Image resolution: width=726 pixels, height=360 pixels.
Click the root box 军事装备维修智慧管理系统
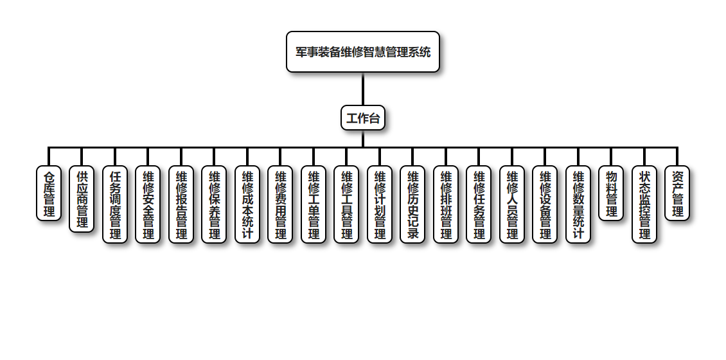tap(363, 51)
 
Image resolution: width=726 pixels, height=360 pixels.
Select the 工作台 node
tap(363, 118)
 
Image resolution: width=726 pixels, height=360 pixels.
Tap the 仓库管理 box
tap(49, 193)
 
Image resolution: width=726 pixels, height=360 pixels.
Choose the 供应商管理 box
tap(82, 199)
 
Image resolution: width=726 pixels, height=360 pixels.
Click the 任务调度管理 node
tap(115, 204)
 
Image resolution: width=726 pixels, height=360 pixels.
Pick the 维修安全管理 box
tap(148, 204)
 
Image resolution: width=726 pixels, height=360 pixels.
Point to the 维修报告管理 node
tap(181, 204)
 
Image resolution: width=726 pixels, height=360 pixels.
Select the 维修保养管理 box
tap(214, 204)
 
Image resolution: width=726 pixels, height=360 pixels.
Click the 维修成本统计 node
tap(247, 204)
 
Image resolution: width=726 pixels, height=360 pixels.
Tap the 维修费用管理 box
tap(280, 204)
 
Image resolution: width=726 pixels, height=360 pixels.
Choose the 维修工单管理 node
tap(314, 204)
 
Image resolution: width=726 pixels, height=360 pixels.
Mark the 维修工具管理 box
tap(346, 204)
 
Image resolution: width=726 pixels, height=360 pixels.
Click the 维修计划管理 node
tap(380, 204)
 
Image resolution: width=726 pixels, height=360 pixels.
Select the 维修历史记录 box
tap(412, 204)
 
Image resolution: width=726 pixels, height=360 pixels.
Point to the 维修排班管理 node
tap(446, 204)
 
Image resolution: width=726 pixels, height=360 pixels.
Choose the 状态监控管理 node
tap(644, 204)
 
